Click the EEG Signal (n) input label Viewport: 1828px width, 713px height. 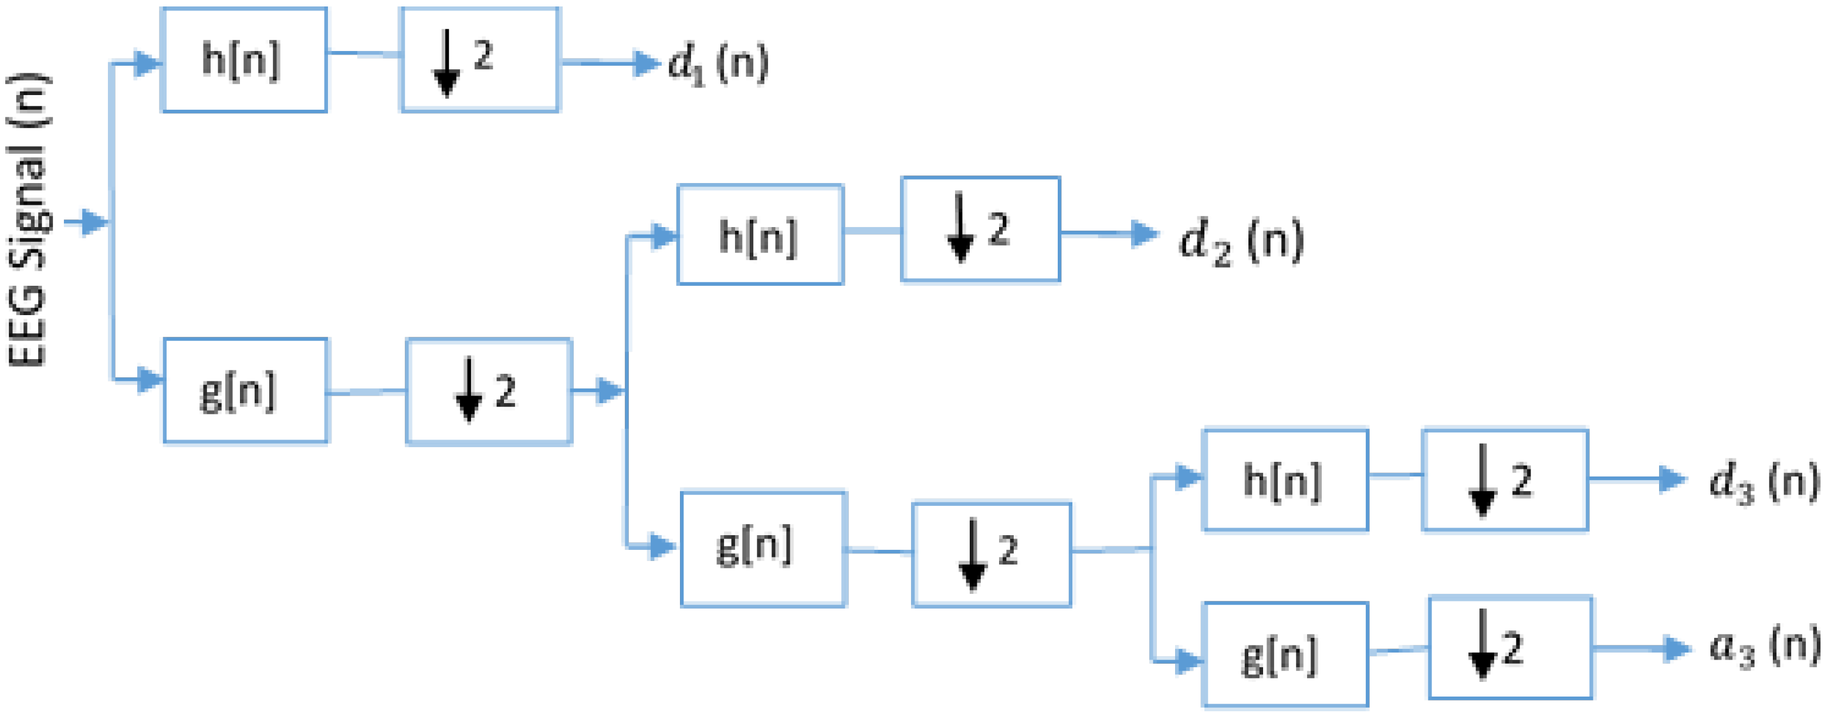28,220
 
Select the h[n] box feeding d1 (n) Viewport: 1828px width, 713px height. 244,60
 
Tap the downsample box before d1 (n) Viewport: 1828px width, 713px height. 480,60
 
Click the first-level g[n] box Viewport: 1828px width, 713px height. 246,391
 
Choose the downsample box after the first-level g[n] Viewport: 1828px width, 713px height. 489,391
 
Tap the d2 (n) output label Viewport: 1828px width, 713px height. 1240,241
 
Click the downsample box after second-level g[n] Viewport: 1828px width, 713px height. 991,555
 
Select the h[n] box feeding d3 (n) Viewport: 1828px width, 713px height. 1285,480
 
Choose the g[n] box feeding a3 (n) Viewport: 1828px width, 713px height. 1285,654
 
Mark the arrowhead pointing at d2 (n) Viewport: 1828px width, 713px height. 1144,233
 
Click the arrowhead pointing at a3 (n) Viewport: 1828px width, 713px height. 1677,648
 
